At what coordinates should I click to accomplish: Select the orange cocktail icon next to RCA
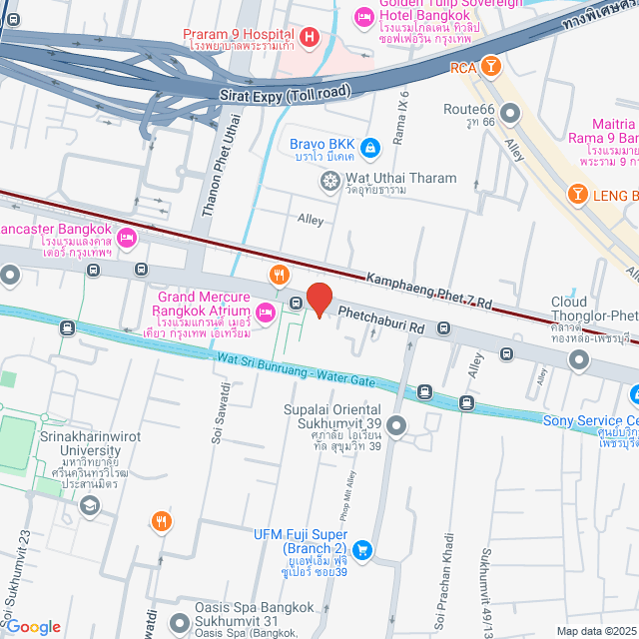tap(490, 67)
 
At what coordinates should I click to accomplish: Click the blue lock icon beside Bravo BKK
tap(370, 149)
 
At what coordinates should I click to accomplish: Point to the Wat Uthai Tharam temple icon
tap(328, 181)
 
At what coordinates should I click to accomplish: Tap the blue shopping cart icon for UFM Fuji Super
tap(362, 548)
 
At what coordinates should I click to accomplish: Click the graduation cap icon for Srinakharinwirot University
tap(89, 506)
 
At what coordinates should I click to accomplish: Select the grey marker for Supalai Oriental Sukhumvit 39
tap(396, 427)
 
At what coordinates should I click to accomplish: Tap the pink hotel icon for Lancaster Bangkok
tap(127, 238)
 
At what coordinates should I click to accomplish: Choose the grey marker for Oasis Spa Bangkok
tap(181, 621)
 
